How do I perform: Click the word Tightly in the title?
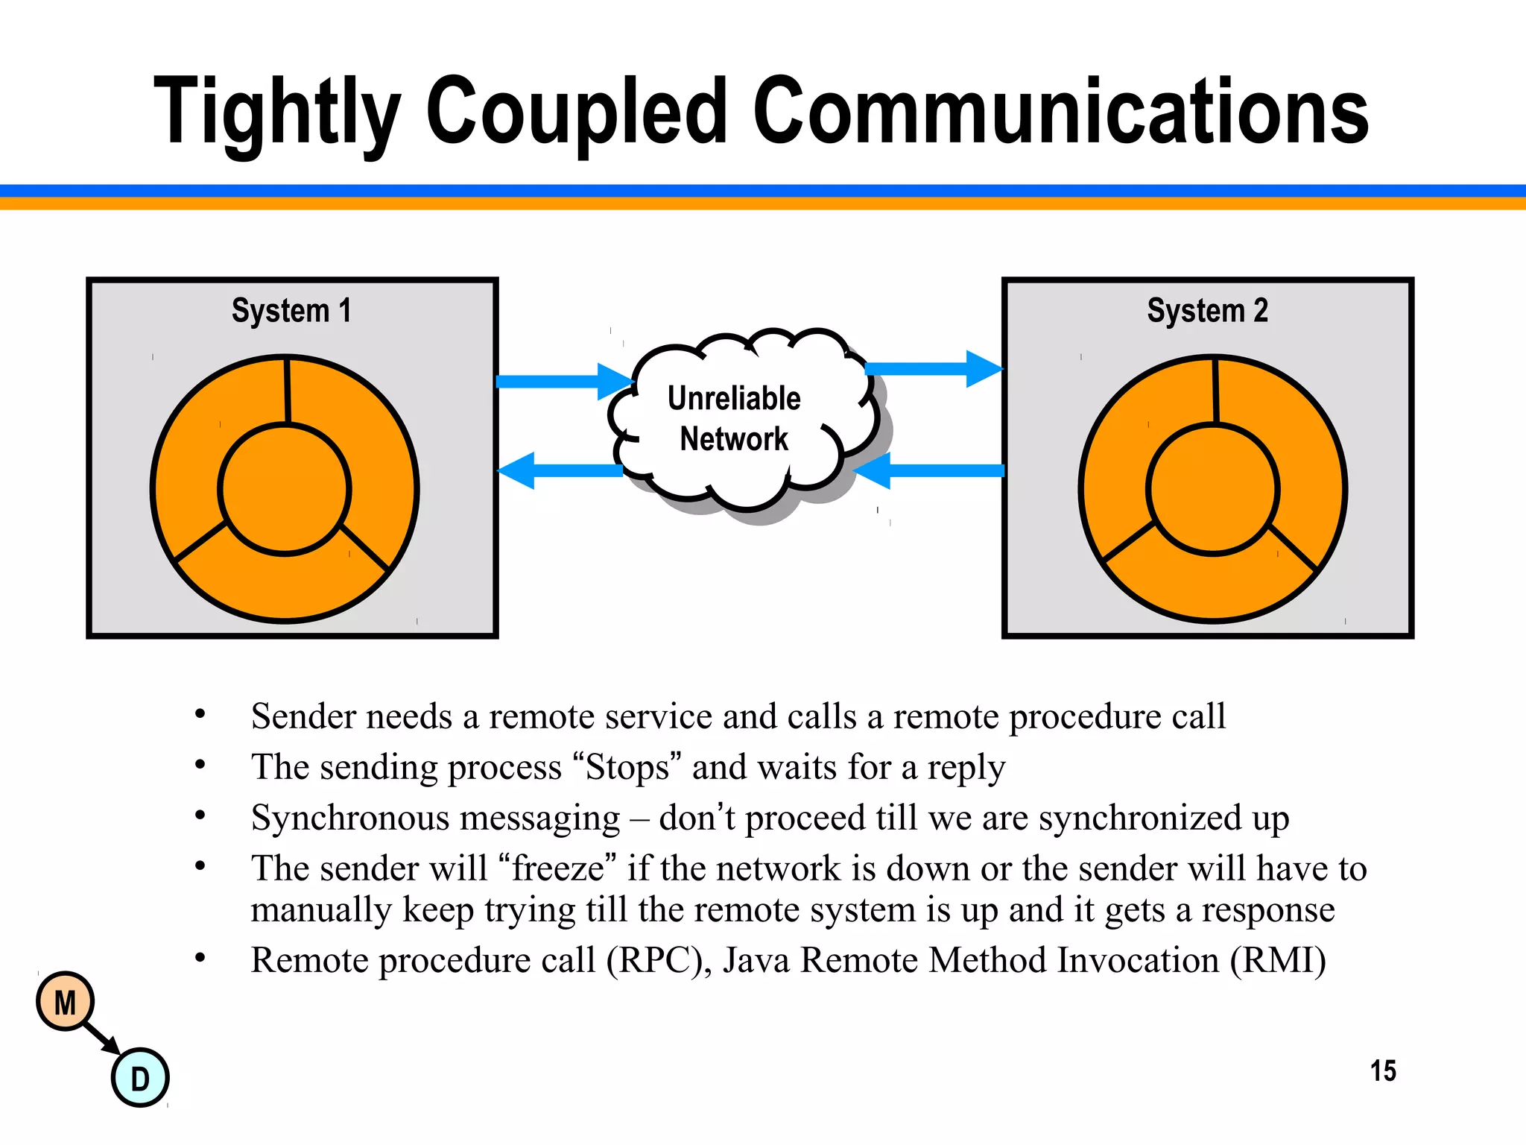(277, 112)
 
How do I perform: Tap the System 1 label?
(291, 310)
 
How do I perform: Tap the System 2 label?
(1207, 310)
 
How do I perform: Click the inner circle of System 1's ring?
(285, 489)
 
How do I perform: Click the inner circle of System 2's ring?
(1213, 489)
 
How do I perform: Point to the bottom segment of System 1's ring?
(283, 585)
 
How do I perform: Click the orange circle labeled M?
(66, 1002)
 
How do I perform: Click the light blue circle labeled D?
(140, 1078)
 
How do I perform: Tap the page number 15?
(1383, 1070)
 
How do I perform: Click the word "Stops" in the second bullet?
(627, 767)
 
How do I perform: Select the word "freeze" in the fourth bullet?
(557, 868)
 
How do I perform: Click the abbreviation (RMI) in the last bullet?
(1277, 960)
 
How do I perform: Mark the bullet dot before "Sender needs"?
(200, 714)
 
